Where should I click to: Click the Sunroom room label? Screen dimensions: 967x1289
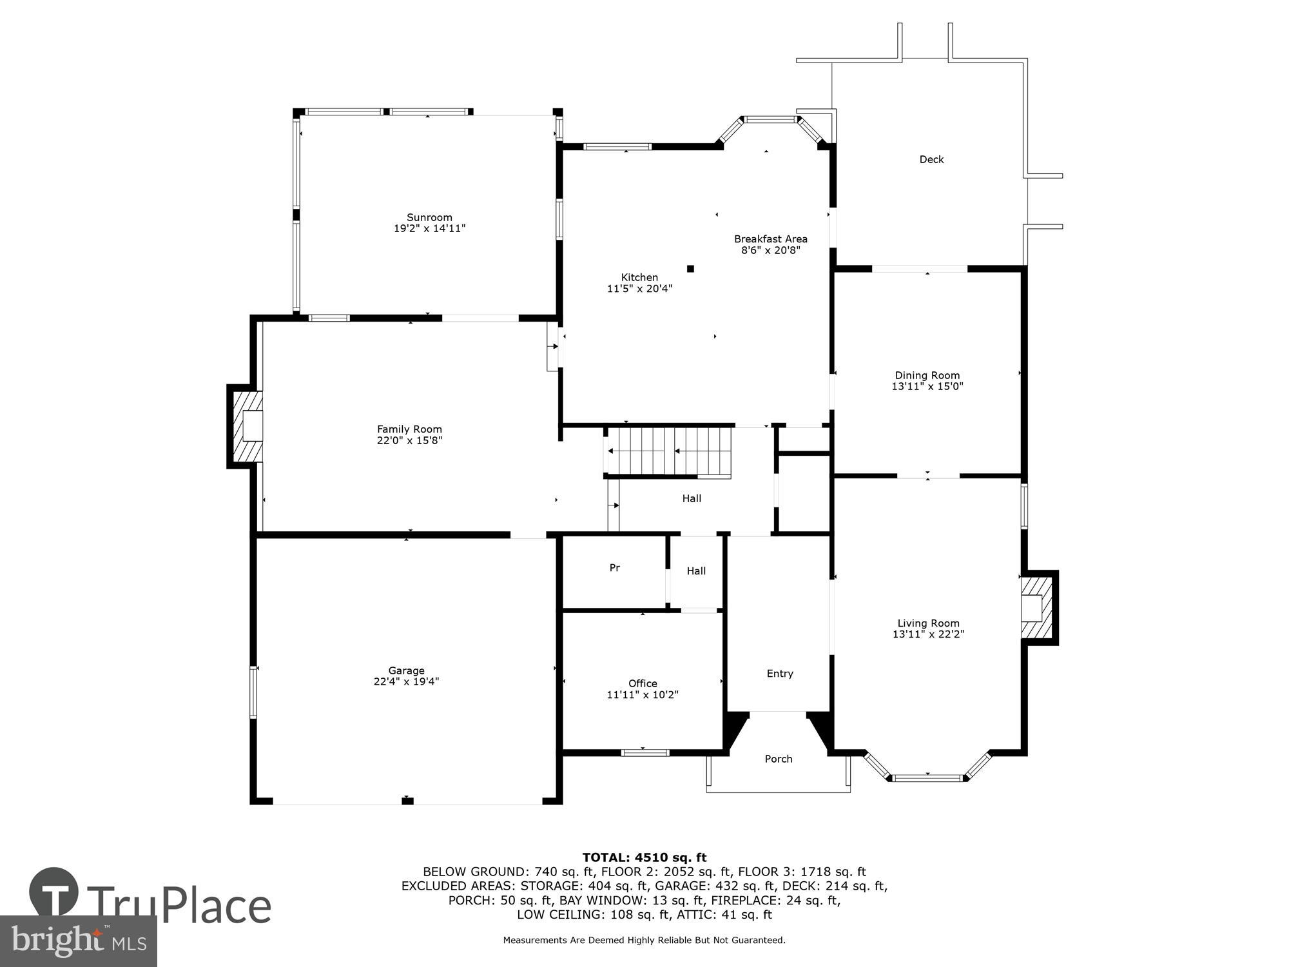pyautogui.click(x=429, y=217)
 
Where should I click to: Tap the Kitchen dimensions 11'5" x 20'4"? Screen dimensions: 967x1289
pyautogui.click(x=639, y=289)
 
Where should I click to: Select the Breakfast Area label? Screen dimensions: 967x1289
pyautogui.click(x=770, y=239)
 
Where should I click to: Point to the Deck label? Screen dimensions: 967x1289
pyautogui.click(x=931, y=159)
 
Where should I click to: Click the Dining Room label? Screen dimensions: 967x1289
pyautogui.click(x=927, y=375)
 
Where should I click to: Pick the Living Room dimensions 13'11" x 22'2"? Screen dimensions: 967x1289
pyautogui.click(x=928, y=634)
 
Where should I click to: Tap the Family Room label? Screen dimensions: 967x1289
pyautogui.click(x=409, y=429)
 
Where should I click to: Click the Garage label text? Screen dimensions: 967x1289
pyautogui.click(x=406, y=670)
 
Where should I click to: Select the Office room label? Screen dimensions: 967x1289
pyautogui.click(x=643, y=683)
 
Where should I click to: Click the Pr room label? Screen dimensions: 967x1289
pyautogui.click(x=615, y=568)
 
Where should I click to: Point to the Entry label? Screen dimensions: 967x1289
pyautogui.click(x=780, y=674)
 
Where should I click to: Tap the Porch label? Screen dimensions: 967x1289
pyautogui.click(x=779, y=759)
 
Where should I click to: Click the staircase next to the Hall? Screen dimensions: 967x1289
pyautogui.click(x=670, y=451)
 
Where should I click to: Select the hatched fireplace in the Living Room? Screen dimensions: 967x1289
pyautogui.click(x=1036, y=607)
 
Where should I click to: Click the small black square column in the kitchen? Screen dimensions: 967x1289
pyautogui.click(x=690, y=269)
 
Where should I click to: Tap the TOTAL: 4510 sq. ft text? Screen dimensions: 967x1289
pyautogui.click(x=644, y=857)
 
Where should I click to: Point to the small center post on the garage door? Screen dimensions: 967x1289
pyautogui.click(x=407, y=801)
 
